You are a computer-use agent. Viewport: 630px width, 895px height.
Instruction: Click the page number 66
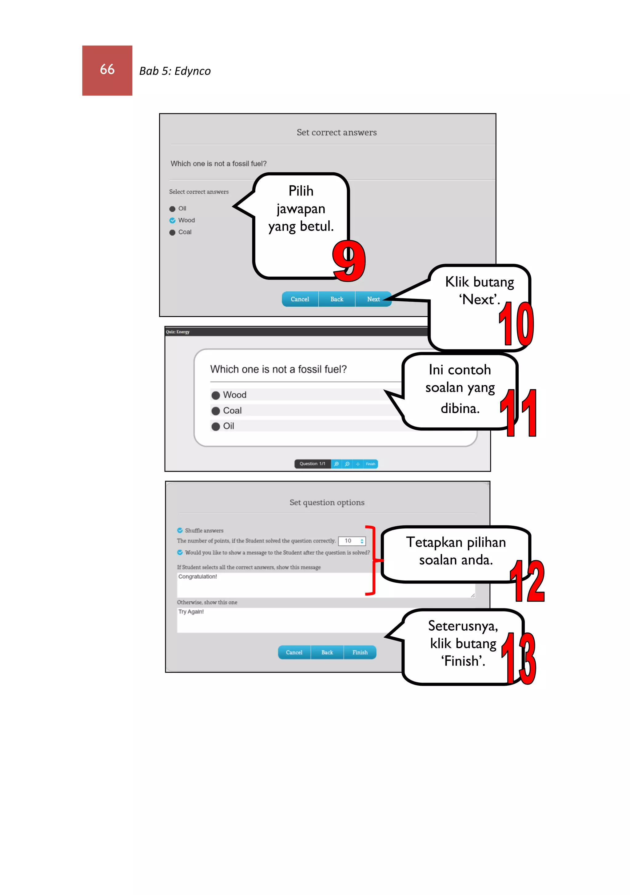107,70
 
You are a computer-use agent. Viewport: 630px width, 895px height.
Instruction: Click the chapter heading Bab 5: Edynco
175,71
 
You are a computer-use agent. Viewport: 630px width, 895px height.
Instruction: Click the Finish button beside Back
360,652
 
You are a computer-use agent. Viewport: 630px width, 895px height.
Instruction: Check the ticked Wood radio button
172,221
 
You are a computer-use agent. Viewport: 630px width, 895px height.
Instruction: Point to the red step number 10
516,323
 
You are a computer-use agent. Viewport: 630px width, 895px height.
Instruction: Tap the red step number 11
519,413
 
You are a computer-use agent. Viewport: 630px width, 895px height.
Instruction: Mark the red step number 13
519,659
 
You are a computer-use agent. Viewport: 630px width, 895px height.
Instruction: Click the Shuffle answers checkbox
180,531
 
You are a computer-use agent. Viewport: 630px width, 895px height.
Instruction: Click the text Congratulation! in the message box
197,577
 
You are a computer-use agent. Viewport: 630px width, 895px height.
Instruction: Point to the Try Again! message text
191,612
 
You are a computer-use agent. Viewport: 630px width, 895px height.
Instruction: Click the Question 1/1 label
312,464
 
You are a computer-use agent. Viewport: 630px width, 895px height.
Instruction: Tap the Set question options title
327,503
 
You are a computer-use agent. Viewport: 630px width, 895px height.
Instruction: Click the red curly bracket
372,560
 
